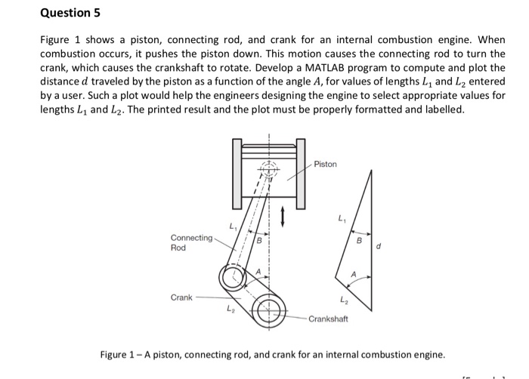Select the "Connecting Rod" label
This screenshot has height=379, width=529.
[x=191, y=242]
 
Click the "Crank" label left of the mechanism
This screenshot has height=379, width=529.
[x=181, y=297]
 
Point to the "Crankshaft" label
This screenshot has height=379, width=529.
[x=328, y=319]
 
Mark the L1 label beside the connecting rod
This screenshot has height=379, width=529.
[x=232, y=224]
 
